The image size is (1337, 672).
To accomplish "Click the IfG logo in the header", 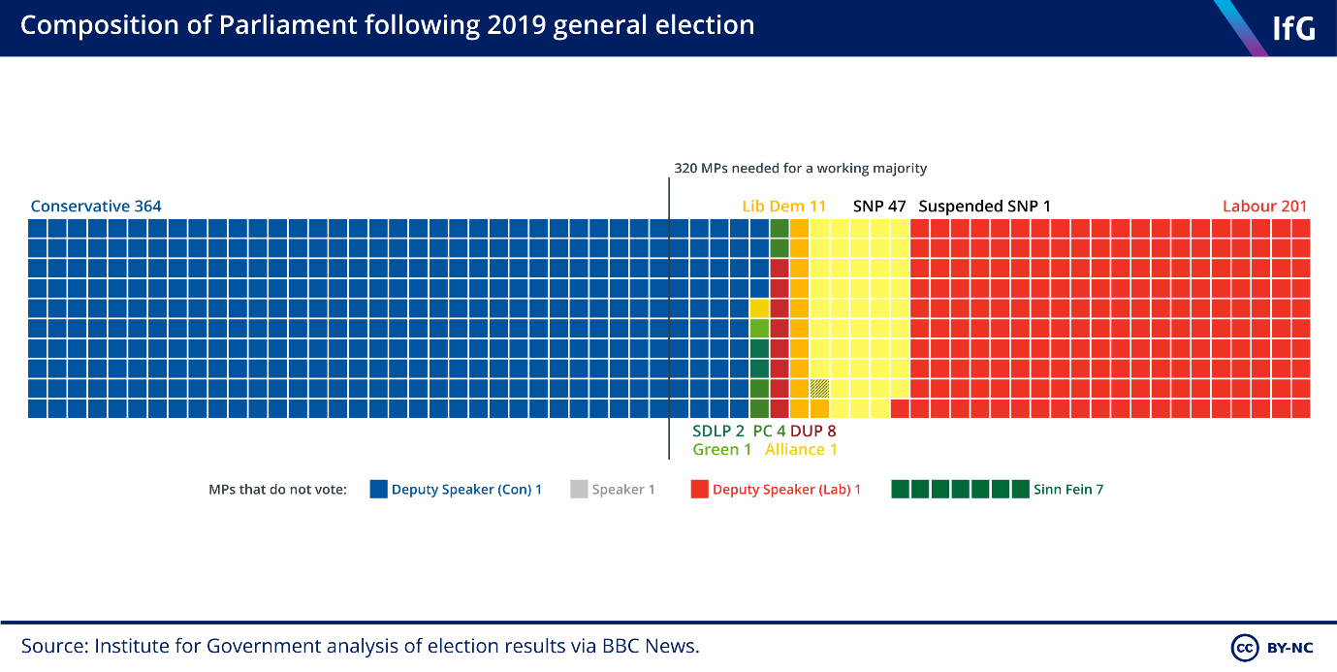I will pos(1292,28).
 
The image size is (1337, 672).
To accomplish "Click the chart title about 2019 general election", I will pos(387,25).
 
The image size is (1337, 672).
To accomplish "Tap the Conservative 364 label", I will pos(96,206).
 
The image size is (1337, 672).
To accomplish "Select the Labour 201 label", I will pos(1264,206).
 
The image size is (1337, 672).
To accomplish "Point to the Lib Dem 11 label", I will pos(783,206).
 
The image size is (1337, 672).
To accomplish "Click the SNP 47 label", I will pos(878,206).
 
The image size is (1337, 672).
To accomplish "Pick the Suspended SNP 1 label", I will pos(984,206).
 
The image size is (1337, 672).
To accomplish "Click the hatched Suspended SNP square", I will pos(819,388).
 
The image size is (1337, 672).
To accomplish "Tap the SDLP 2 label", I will pos(717,431).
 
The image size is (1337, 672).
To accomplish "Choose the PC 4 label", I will pos(769,431).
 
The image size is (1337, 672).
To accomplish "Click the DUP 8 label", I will pos(812,431).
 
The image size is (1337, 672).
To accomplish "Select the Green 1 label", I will pos(721,449).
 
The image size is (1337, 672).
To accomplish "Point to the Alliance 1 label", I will pos(801,449).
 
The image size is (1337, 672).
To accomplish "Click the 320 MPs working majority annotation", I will pos(800,168).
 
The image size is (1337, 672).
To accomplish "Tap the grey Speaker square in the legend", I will pos(579,490).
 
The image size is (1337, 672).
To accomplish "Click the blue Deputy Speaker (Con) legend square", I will pos(379,490).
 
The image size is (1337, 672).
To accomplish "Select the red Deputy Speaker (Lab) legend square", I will pos(700,490).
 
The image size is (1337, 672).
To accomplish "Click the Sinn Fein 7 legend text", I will pos(1067,490).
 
